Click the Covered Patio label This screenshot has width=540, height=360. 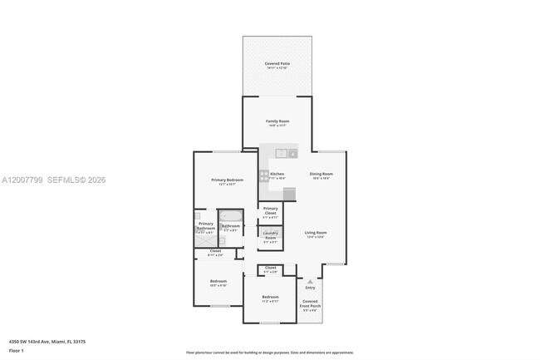pos(277,64)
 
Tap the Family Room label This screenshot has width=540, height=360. pos(277,122)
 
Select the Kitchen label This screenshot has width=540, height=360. pos(277,174)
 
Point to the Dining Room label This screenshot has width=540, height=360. pos(322,174)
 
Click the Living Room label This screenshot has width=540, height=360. pos(315,233)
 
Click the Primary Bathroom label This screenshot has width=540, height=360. pos(206,225)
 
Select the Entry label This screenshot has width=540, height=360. pos(310,288)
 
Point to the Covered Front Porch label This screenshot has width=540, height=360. pos(311,303)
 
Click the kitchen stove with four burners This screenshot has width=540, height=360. pos(264,175)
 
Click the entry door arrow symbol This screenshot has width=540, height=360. pos(310,281)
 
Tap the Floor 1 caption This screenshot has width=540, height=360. pos(17,351)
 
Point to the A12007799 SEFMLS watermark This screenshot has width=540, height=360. pos(54,180)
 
